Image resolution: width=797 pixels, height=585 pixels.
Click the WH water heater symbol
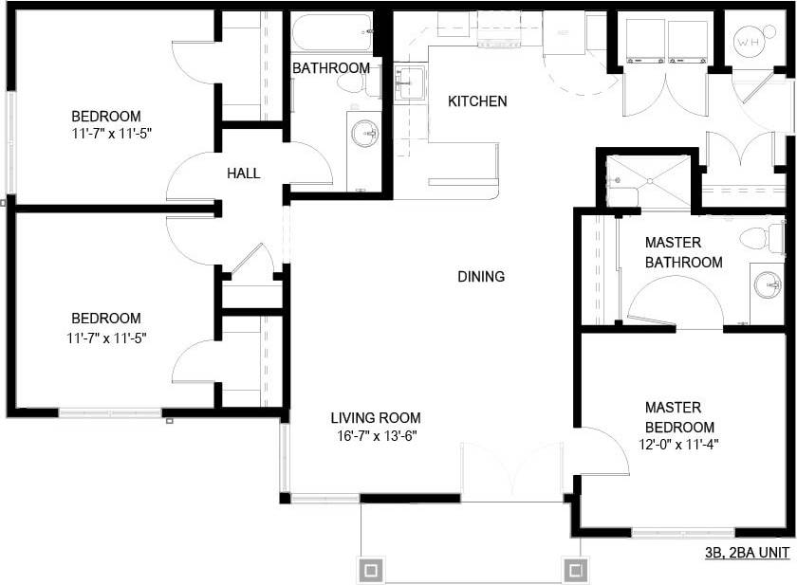(749, 42)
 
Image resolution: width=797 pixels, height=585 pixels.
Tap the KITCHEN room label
(477, 101)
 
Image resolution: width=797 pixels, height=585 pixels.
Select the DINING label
(481, 277)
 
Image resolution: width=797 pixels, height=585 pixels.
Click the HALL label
(244, 173)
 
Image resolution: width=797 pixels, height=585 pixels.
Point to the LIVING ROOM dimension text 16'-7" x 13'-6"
(377, 436)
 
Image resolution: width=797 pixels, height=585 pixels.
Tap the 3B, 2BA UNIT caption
(748, 555)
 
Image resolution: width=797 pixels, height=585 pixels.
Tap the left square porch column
(372, 570)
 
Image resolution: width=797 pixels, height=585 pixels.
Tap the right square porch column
(574, 570)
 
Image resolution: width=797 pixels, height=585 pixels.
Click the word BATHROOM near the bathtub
(330, 68)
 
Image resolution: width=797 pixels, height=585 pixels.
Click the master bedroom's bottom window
(682, 534)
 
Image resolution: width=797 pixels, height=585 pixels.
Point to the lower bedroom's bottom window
(110, 413)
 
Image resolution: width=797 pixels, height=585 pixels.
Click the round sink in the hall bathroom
(362, 134)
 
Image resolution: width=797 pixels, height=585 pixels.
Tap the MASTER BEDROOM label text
(678, 418)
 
